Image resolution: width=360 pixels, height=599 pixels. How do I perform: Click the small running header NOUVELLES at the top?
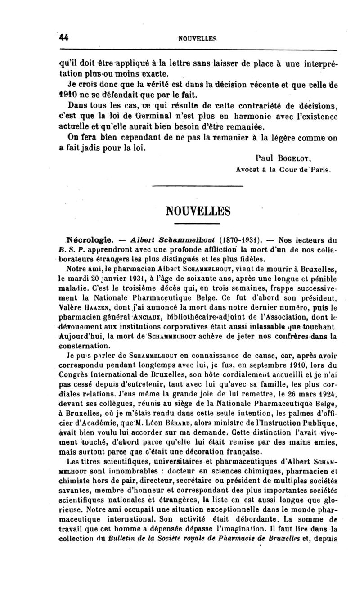(198, 39)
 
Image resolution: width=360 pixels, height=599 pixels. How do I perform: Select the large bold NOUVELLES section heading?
(198, 211)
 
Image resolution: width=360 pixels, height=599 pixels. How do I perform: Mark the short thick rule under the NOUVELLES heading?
(198, 223)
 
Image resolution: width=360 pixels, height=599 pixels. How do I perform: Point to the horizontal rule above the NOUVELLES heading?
(198, 186)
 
